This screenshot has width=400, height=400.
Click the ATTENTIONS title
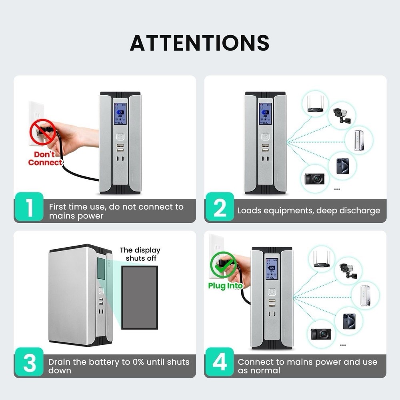pos(200,43)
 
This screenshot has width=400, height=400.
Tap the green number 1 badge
pos(29,207)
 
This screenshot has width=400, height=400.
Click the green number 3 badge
pos(29,362)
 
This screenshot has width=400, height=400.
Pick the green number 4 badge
pos(219,362)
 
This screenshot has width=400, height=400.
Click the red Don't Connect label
pos(45,158)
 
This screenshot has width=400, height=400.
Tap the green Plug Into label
pos(225,286)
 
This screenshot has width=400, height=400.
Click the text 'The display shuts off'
pos(140,254)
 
